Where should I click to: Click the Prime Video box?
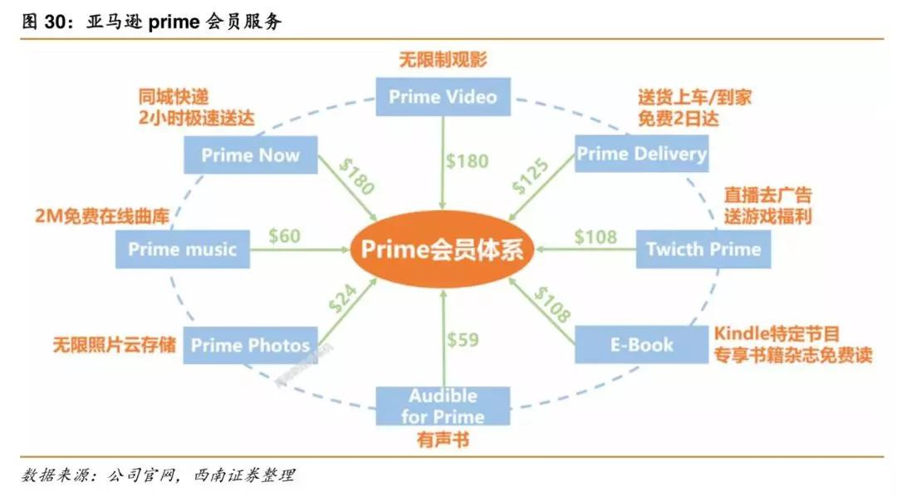[x=443, y=97]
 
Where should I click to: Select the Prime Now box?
[x=250, y=155]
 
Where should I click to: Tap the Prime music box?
[x=183, y=248]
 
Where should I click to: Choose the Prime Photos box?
[x=250, y=344]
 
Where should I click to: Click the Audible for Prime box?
[x=443, y=405]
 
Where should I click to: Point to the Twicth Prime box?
[x=703, y=248]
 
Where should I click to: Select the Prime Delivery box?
[x=641, y=154]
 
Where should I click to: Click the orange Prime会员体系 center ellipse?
[x=443, y=249]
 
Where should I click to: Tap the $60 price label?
[x=284, y=237]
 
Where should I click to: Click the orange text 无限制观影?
[x=443, y=60]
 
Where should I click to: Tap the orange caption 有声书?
[x=443, y=440]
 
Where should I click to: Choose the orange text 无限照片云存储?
[x=114, y=343]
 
